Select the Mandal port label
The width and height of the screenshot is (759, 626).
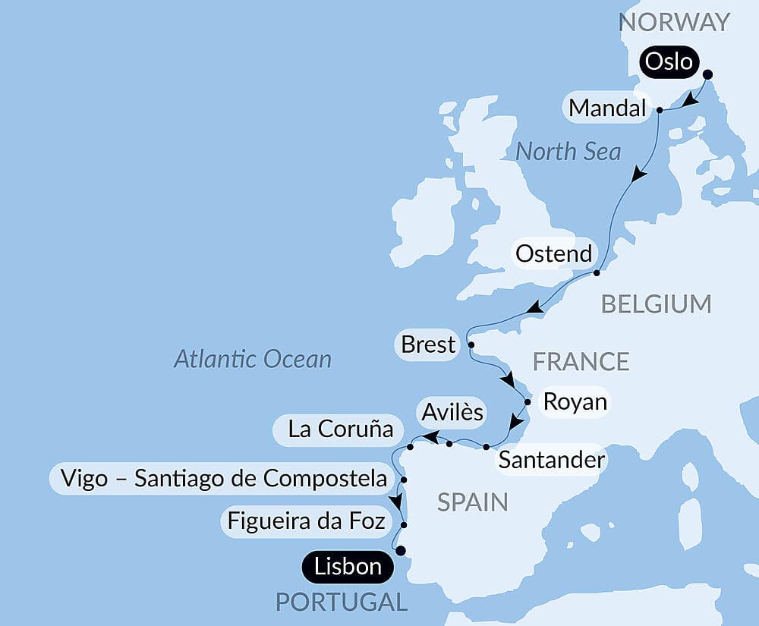click(607, 109)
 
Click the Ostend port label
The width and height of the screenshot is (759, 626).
click(553, 253)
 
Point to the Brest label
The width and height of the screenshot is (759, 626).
click(429, 344)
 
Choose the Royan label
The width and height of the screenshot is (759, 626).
click(575, 401)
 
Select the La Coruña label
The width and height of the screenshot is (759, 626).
click(341, 429)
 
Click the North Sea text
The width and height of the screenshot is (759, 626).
click(568, 151)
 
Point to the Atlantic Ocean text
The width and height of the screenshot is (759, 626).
click(253, 358)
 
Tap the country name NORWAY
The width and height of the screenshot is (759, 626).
click(674, 22)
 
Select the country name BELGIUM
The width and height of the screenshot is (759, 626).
click(656, 304)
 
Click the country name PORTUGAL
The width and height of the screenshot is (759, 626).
click(341, 602)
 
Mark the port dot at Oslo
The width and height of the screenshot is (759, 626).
click(708, 74)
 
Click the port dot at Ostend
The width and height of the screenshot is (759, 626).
click(597, 272)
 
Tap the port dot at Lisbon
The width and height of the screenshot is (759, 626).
click(401, 552)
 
